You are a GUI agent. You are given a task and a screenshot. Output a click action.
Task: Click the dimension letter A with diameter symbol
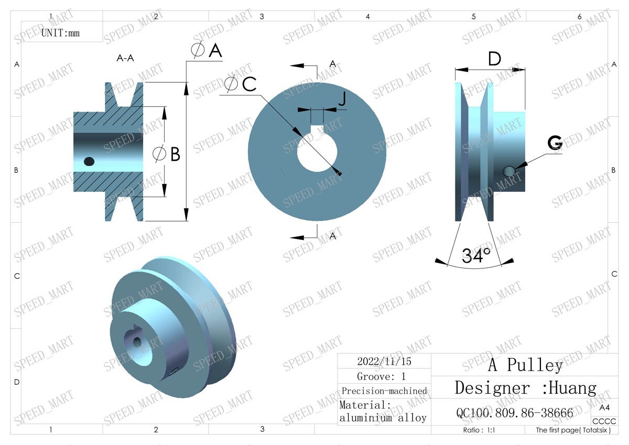pos(208,50)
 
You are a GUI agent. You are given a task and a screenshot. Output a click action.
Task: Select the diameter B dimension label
pos(167,154)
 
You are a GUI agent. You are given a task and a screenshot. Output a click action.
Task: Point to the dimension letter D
pos(494,59)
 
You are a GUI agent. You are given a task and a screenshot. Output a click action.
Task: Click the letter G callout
pos(555,143)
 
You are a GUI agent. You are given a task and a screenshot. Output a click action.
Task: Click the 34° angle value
pos(476,255)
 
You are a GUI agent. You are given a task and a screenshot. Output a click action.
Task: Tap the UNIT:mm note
pos(60,32)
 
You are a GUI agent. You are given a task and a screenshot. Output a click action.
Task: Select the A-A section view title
pos(125,58)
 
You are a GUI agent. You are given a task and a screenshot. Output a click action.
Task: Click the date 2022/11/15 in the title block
pos(384,361)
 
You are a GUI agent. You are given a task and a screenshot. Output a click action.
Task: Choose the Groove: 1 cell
pos(382,376)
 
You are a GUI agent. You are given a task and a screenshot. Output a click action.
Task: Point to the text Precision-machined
pos(384,391)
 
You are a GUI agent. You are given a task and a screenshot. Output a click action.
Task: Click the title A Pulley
pos(525,365)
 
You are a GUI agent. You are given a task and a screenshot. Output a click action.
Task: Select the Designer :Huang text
pos(525,388)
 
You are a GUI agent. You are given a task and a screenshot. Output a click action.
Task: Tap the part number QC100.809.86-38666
pos(515,413)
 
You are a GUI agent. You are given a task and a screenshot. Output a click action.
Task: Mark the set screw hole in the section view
pos(89,161)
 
